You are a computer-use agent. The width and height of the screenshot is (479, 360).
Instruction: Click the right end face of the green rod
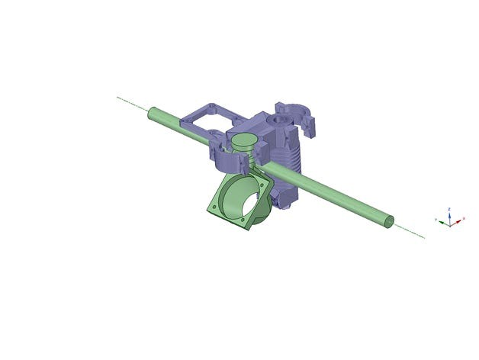(389, 221)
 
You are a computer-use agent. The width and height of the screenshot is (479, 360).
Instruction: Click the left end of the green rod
(150, 113)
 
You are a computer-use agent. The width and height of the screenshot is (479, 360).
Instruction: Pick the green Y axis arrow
(441, 220)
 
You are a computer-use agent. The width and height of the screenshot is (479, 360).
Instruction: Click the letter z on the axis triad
(450, 207)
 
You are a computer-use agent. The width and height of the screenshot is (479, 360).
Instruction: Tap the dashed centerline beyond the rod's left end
(130, 103)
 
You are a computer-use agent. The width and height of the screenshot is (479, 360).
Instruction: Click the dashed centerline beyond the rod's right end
(412, 232)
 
